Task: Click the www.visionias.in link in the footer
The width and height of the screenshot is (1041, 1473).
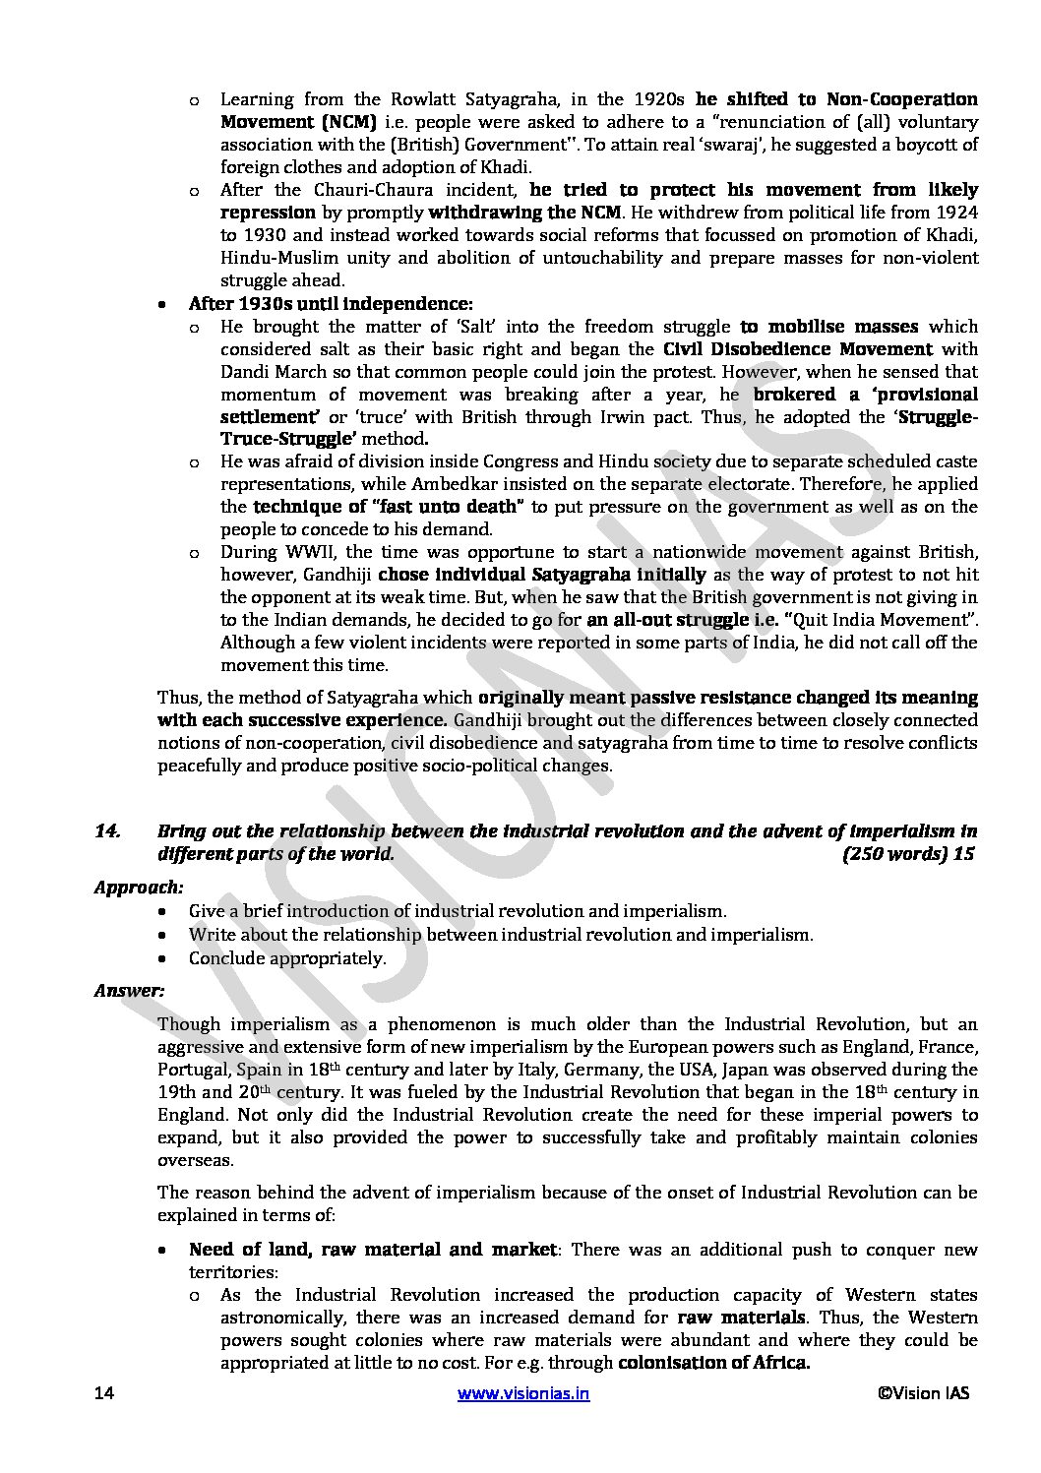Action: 523,1393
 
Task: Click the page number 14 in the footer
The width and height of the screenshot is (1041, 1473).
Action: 104,1393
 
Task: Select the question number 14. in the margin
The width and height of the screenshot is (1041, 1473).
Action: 107,831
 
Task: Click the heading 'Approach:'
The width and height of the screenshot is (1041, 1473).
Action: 139,888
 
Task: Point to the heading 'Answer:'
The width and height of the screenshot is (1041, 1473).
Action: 129,991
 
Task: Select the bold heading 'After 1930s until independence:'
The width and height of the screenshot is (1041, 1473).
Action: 331,303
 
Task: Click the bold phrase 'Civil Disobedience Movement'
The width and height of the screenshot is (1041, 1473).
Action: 797,349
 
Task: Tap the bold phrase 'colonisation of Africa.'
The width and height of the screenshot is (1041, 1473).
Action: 713,1364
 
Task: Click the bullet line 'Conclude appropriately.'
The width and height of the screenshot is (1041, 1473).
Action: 287,958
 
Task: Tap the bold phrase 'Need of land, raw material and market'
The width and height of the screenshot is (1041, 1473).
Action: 373,1250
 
